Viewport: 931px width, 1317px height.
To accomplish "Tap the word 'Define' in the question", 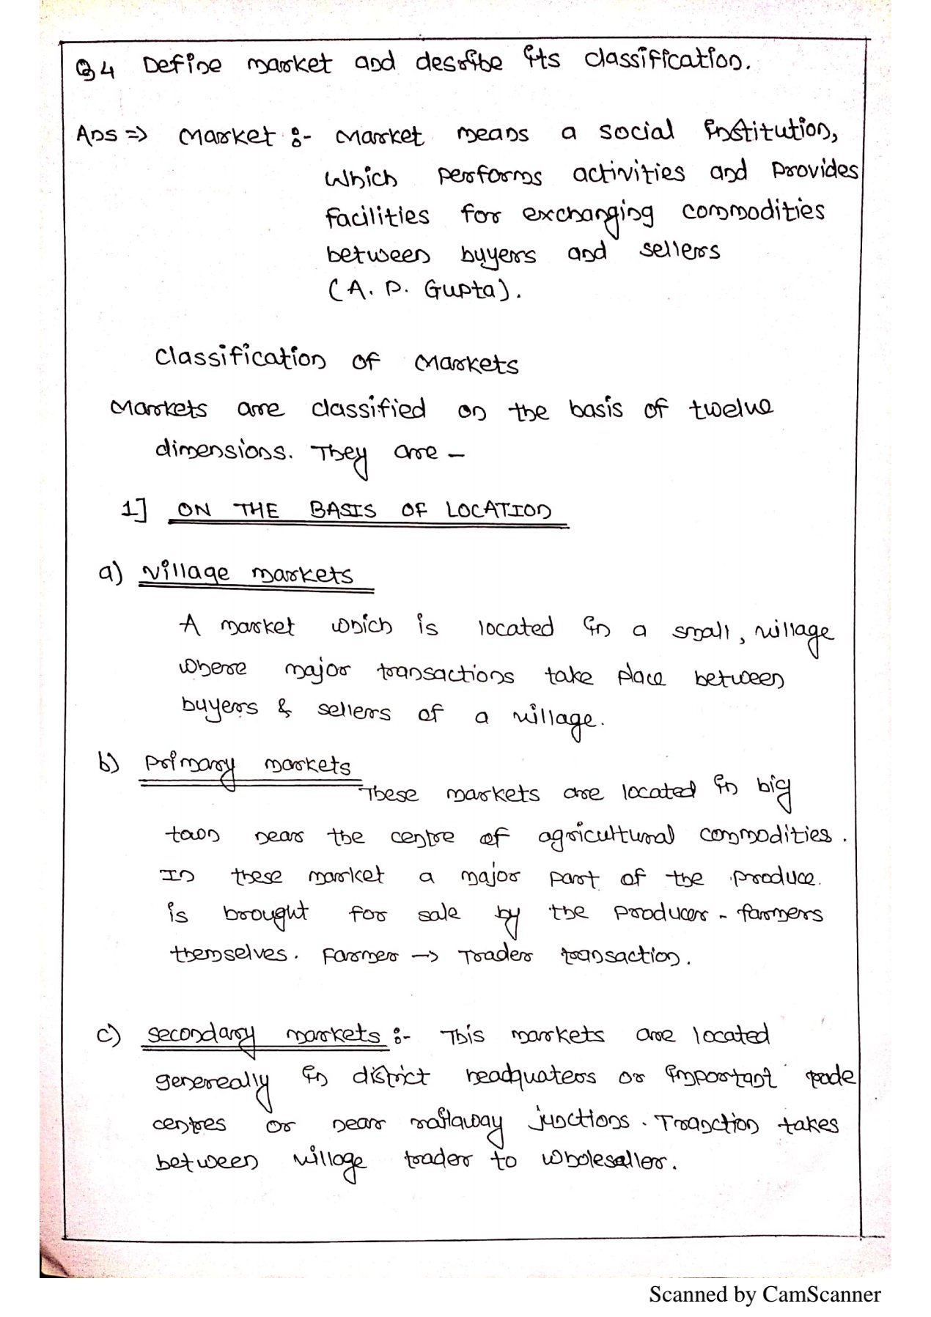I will tap(182, 66).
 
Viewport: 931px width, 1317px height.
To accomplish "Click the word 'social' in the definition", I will tap(636, 132).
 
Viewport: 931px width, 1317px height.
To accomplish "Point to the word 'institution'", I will tap(770, 132).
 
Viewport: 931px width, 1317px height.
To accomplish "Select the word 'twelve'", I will tap(730, 407).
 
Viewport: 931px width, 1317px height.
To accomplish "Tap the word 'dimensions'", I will tap(223, 450).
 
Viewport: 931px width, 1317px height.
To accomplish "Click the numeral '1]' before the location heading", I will tap(133, 509).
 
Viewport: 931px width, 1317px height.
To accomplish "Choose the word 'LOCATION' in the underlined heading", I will tap(498, 510).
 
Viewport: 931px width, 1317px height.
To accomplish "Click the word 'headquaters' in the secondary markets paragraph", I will tap(531, 1077).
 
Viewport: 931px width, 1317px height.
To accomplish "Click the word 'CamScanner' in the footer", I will tap(821, 1295).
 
